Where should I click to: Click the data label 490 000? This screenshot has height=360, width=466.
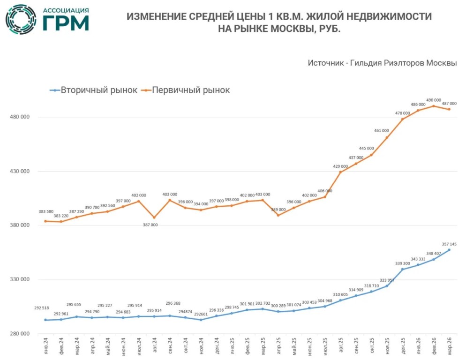[x=434, y=100]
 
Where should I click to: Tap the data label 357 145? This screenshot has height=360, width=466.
[x=449, y=244]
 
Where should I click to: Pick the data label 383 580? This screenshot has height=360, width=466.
[x=45, y=212]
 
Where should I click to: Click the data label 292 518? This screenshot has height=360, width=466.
[x=41, y=308]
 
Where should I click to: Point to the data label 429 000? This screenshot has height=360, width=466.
[x=340, y=166]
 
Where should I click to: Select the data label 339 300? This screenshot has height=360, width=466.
[x=403, y=263]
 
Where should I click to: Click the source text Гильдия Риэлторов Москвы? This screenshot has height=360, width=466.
[x=403, y=63]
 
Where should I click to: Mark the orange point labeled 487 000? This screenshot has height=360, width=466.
[x=449, y=109]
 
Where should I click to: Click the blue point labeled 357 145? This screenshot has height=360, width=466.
[x=449, y=250]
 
